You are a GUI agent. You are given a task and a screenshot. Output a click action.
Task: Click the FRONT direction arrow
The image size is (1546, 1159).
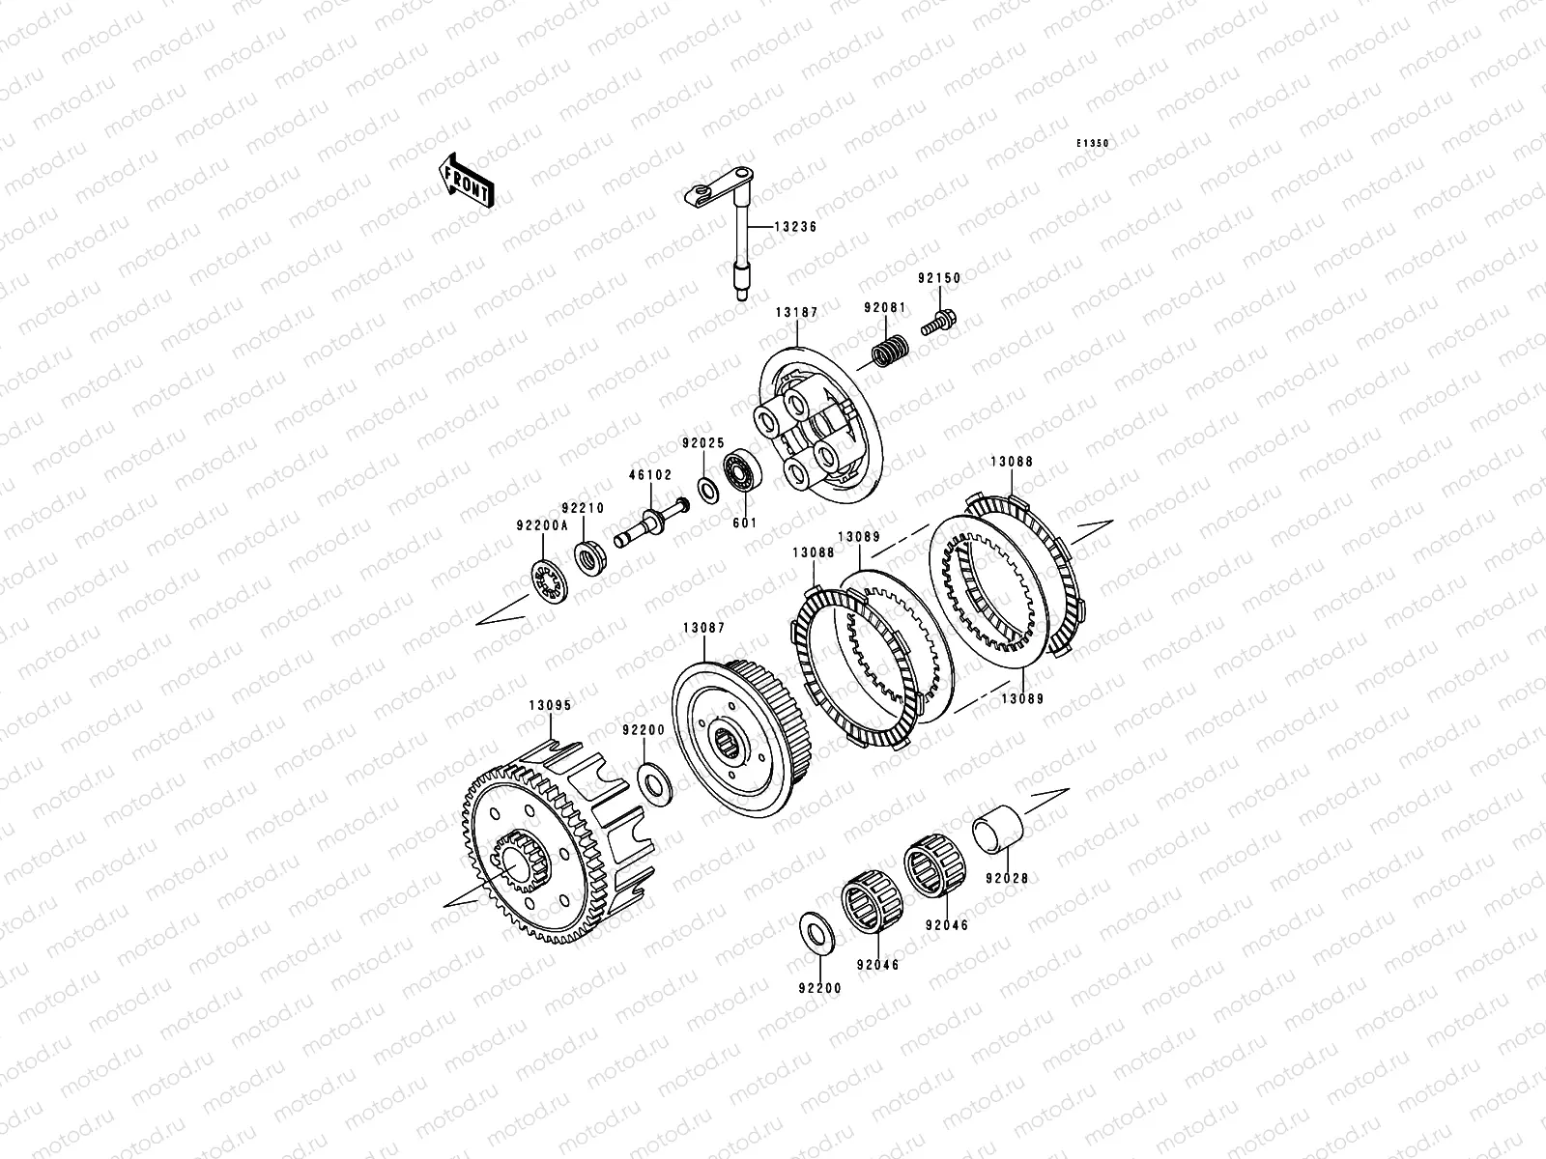click(x=466, y=181)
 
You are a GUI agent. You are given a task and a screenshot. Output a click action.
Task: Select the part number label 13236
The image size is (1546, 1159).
click(x=795, y=227)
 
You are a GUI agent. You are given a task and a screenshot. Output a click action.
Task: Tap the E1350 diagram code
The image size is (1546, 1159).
click(x=1093, y=144)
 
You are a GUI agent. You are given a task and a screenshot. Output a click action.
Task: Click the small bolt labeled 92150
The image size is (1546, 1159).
click(x=938, y=323)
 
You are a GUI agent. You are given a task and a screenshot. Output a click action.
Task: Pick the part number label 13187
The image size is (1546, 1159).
click(x=796, y=312)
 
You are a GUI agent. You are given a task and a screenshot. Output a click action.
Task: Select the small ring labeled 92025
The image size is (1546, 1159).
click(x=708, y=491)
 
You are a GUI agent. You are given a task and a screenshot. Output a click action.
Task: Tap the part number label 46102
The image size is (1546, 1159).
click(x=650, y=475)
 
